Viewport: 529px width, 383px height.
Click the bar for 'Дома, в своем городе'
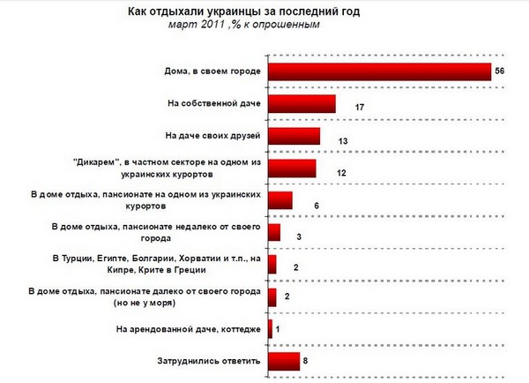(x=378, y=71)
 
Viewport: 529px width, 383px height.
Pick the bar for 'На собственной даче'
(x=301, y=104)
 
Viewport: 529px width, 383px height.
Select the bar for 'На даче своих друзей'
(x=294, y=136)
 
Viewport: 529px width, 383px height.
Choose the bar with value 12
(x=291, y=169)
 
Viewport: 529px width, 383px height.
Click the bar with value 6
(x=279, y=200)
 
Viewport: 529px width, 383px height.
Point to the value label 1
(x=279, y=329)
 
